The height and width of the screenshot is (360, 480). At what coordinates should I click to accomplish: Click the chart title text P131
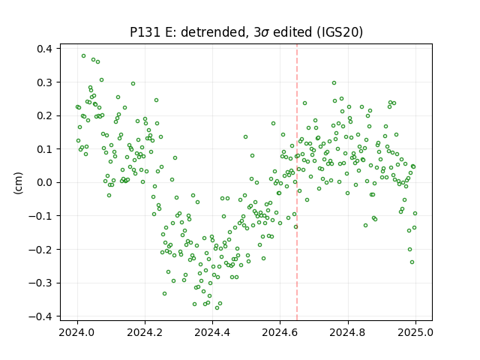[x=145, y=32]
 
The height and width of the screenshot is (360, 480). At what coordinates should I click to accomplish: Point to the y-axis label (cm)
[x=18, y=183]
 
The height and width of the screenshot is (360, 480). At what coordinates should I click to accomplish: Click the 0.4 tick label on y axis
[x=44, y=49]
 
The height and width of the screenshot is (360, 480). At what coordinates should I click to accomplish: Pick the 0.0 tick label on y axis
[x=44, y=183]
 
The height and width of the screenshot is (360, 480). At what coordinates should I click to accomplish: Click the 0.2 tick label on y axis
[x=44, y=116]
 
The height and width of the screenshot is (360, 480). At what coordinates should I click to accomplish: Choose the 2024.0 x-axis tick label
[x=77, y=332]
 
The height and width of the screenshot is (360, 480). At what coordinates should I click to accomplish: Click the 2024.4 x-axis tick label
[x=212, y=332]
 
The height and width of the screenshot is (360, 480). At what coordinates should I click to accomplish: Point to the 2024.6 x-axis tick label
[x=280, y=332]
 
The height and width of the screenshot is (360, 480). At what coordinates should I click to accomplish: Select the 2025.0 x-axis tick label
[x=415, y=332]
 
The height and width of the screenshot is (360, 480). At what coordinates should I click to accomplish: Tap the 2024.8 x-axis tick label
[x=348, y=332]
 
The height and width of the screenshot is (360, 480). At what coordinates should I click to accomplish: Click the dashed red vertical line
[x=297, y=182]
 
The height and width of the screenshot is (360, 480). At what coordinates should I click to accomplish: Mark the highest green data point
[x=83, y=56]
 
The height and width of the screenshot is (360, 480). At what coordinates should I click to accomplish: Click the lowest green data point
[x=217, y=308]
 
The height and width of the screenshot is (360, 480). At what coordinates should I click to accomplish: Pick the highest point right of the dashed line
[x=334, y=83]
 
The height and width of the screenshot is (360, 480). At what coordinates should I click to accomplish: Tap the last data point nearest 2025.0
[x=415, y=213]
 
